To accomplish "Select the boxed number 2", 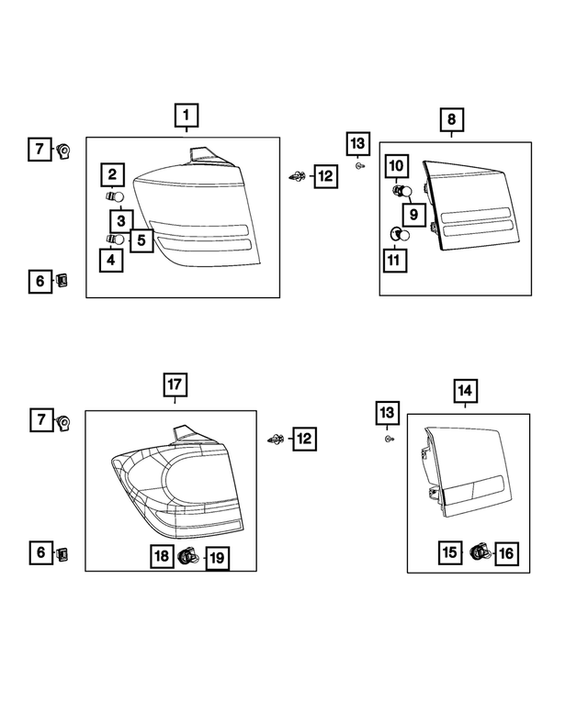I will click(113, 174).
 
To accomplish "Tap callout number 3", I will click(121, 220).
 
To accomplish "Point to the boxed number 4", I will click(112, 260).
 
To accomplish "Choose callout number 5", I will click(141, 240).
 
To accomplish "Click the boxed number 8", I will click(451, 119).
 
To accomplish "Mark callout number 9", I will click(413, 215).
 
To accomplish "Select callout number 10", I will click(396, 166).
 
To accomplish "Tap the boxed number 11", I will click(395, 260).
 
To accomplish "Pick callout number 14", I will click(465, 392).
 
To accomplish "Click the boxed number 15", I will click(449, 552).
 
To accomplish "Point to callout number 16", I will click(506, 552).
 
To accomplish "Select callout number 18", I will click(161, 556).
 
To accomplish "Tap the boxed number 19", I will click(217, 556).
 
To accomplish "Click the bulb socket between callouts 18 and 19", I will click(188, 555).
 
